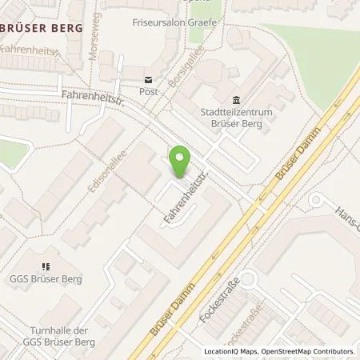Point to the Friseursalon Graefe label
click(174, 22)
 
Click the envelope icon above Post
click(148, 79)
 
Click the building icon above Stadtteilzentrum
click(236, 100)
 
